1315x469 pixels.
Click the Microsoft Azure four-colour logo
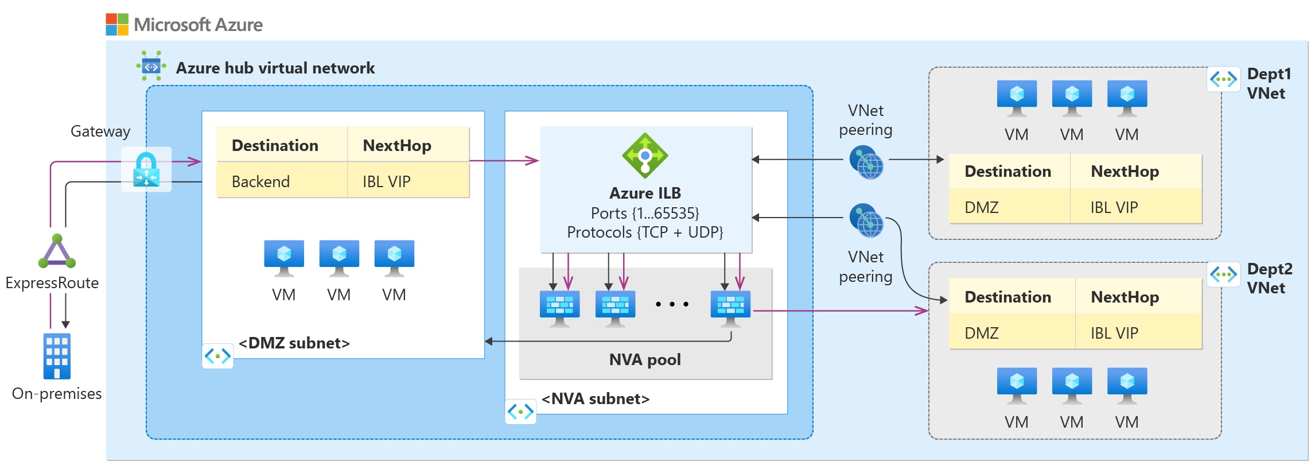117,25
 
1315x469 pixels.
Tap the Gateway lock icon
146,169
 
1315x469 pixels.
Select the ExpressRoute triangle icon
57,251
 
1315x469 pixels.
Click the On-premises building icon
57,356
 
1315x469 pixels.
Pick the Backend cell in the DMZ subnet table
260,181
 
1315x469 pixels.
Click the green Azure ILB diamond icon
645,156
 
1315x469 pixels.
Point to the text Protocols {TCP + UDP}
645,232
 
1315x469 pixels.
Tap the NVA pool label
645,360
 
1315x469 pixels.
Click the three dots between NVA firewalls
672,304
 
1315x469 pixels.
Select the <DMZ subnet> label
294,343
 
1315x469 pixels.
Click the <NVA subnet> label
595,399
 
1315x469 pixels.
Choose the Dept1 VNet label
1269,84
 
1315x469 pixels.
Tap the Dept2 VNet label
1269,278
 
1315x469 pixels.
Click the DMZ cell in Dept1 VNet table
982,207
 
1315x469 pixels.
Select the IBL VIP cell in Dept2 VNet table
1114,333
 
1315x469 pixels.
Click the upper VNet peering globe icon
866,162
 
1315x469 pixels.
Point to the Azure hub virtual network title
275,68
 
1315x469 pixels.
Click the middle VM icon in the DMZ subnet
339,258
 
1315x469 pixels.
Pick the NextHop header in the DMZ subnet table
397,146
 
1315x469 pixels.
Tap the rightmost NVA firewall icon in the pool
730,308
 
